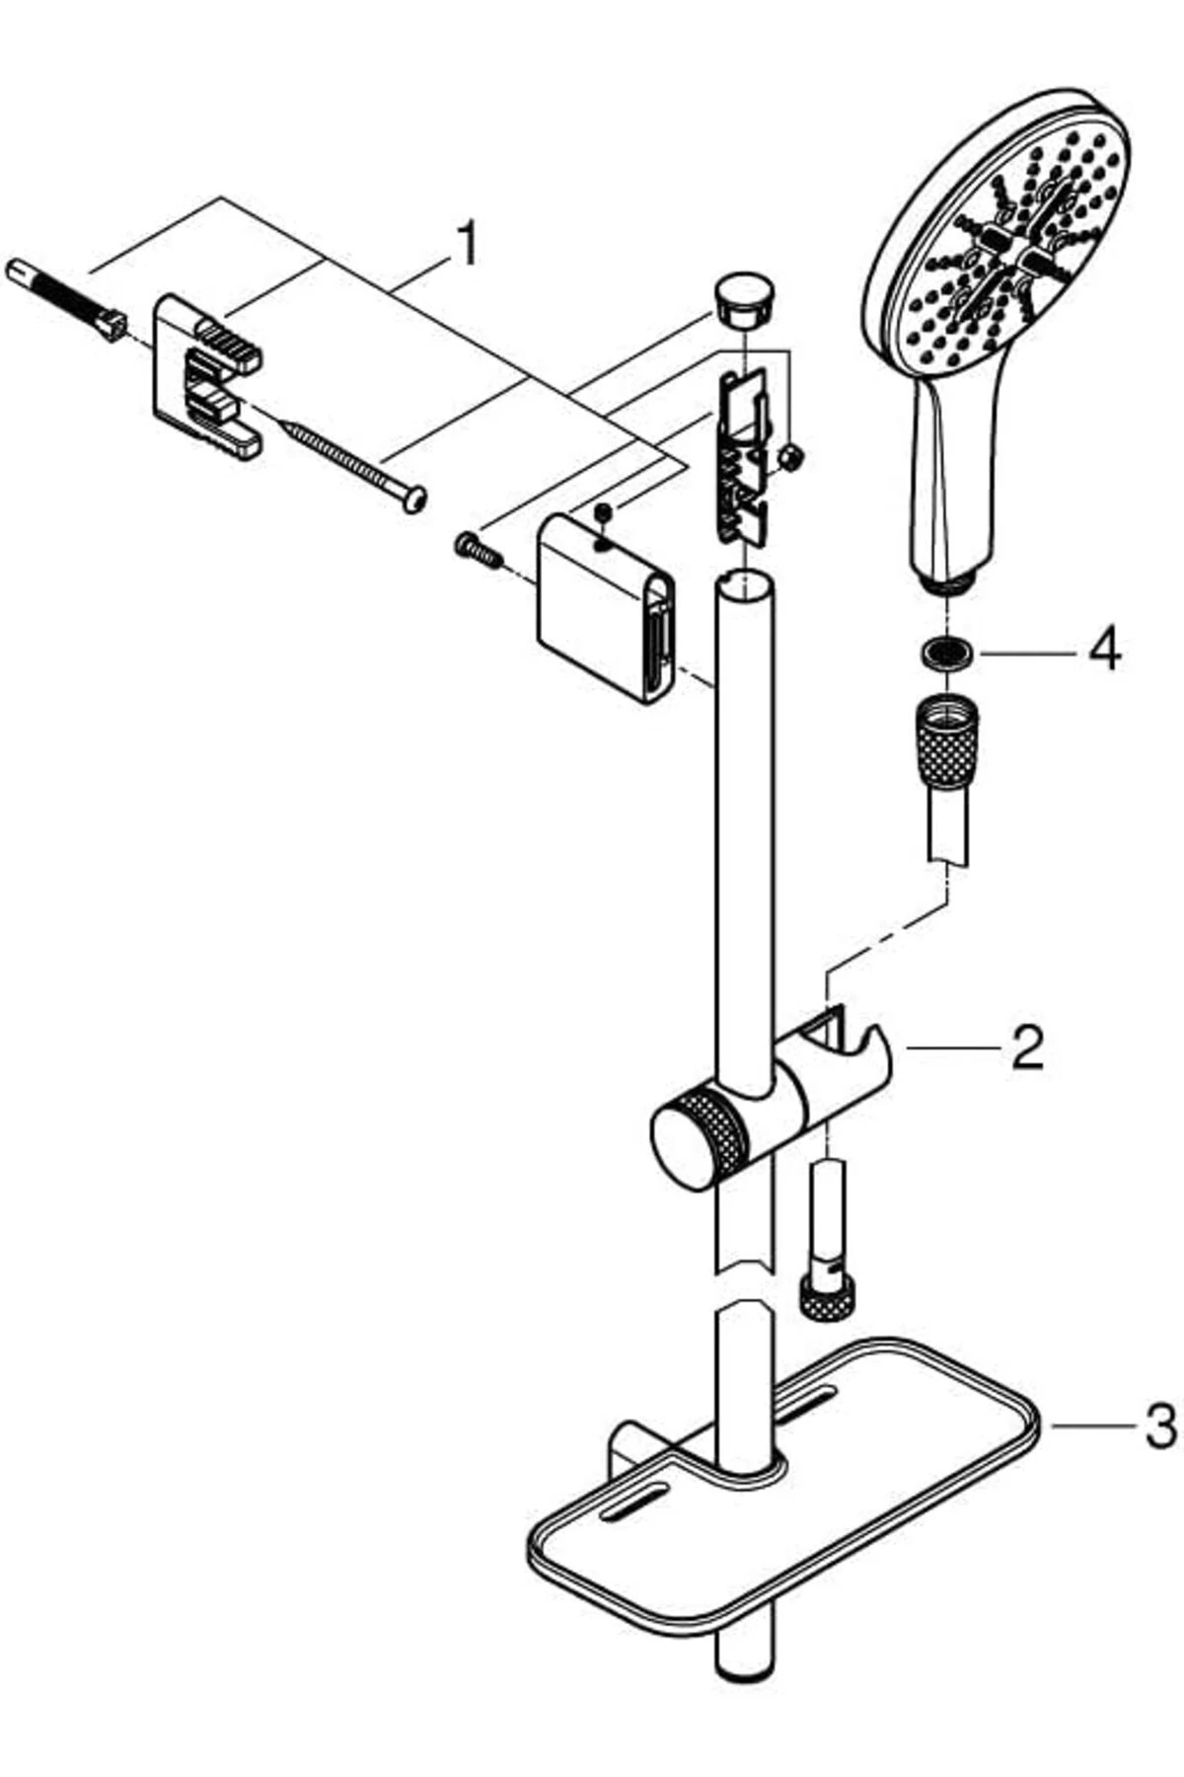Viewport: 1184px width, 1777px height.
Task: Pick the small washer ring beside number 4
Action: (x=944, y=653)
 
